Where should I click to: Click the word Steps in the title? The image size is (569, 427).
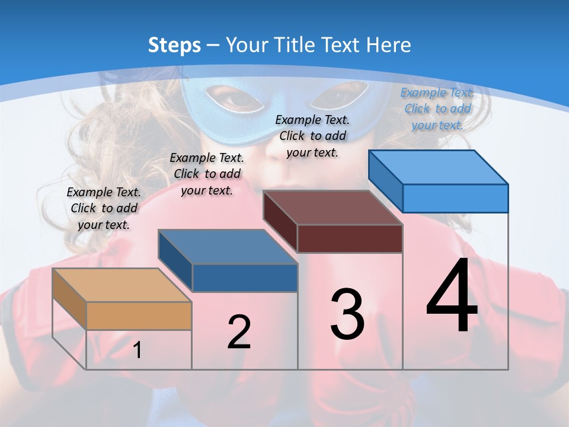click(174, 45)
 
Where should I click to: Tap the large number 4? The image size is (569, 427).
click(452, 297)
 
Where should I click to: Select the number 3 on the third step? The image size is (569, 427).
click(347, 314)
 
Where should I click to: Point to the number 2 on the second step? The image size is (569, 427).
click(239, 332)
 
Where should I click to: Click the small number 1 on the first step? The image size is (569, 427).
click(138, 350)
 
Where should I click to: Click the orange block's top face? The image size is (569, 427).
click(122, 285)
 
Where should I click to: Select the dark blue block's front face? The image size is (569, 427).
click(245, 278)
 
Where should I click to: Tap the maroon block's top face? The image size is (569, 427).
click(333, 208)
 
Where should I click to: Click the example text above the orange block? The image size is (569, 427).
click(104, 208)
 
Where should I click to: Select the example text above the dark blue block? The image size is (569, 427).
click(207, 174)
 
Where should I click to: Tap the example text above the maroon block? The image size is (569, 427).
click(312, 136)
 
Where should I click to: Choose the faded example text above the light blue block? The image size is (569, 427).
click(437, 109)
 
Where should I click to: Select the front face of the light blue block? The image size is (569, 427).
click(455, 198)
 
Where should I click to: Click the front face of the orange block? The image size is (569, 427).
click(139, 316)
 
